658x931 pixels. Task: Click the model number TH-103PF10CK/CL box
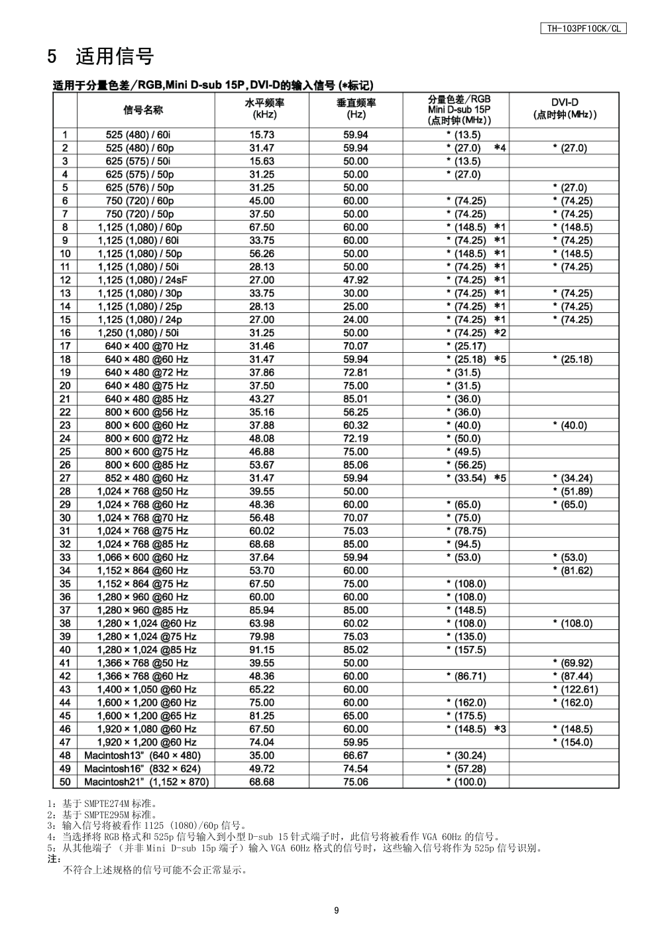pyautogui.click(x=583, y=29)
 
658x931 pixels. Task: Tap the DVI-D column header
pyautogui.click(x=565, y=109)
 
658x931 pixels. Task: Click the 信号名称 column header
pyautogui.click(x=143, y=109)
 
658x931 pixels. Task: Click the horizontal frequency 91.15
pyautogui.click(x=262, y=650)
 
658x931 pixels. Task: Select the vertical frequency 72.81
pyautogui.click(x=356, y=373)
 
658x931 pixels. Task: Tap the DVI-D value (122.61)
pyautogui.click(x=575, y=690)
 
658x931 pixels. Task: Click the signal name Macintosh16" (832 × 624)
pyautogui.click(x=142, y=769)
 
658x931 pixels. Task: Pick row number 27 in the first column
pyautogui.click(x=65, y=478)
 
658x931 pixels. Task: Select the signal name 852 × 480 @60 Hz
pyautogui.click(x=146, y=478)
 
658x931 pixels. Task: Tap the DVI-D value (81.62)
pyautogui.click(x=573, y=571)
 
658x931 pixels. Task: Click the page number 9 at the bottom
pyautogui.click(x=337, y=910)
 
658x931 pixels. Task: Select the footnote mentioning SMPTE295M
pyautogui.click(x=103, y=814)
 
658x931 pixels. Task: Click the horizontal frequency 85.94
pyautogui.click(x=262, y=610)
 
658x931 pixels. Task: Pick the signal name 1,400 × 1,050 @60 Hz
pyautogui.click(x=146, y=690)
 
